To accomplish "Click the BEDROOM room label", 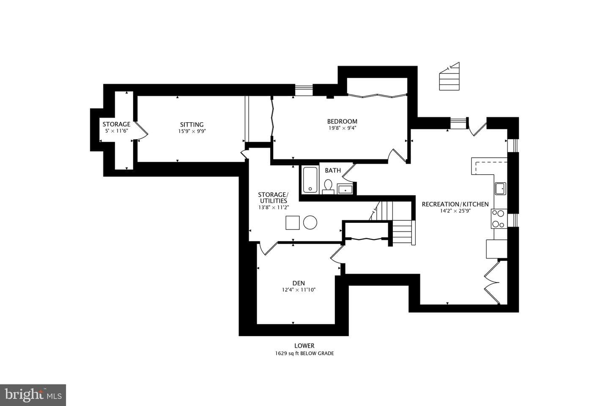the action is (x=342, y=121).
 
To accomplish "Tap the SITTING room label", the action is (x=192, y=124).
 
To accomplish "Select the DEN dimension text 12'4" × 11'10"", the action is (x=299, y=290).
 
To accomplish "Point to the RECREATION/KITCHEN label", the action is (x=455, y=204).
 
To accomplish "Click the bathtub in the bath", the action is (x=310, y=180).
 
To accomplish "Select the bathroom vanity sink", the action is (x=345, y=189).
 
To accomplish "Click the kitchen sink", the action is (x=500, y=189).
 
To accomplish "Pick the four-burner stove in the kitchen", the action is (x=499, y=219).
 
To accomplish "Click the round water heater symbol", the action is (x=310, y=222).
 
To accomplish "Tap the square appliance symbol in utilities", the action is (x=293, y=223).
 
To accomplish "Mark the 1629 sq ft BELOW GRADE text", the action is (x=304, y=354).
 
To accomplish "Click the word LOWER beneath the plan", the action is (x=304, y=346).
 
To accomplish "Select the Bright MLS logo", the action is (x=33, y=395).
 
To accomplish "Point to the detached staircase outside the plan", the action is (x=450, y=77).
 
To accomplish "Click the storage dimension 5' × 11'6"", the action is (x=116, y=131).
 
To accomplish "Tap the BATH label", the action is (x=333, y=170).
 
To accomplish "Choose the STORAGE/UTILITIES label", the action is (x=273, y=198).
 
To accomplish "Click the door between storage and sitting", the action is (x=141, y=132).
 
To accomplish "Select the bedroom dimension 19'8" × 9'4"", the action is (x=342, y=128).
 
